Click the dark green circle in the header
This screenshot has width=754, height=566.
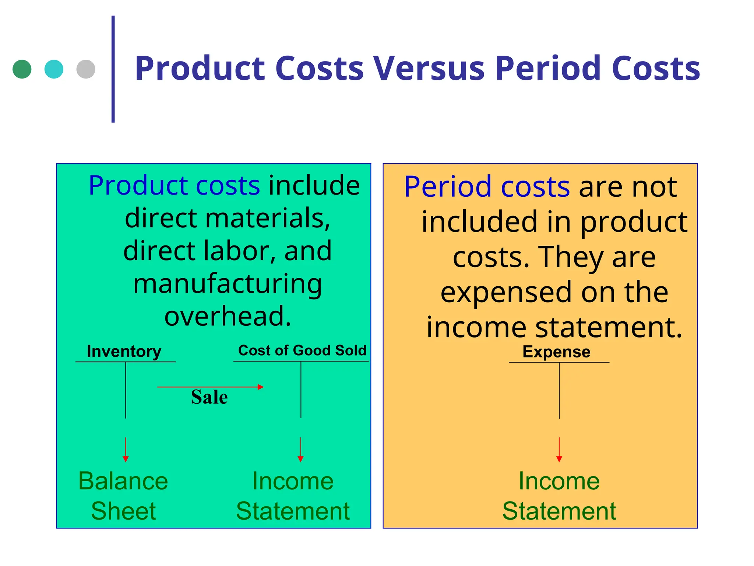click(22, 69)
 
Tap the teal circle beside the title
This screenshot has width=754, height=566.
click(54, 69)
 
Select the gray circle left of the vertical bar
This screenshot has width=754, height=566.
click(86, 69)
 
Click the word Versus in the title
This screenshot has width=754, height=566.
click(428, 69)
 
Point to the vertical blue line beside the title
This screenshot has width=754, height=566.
click(113, 69)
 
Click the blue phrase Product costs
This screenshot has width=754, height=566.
click(174, 185)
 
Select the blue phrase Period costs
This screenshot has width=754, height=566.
click(487, 187)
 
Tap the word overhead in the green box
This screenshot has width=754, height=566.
click(228, 316)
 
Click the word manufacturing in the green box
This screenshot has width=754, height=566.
click(228, 284)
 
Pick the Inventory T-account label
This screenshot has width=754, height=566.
click(124, 351)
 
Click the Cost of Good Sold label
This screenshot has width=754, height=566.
click(302, 350)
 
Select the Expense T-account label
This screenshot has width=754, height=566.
click(556, 352)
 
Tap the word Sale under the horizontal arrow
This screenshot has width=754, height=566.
click(209, 397)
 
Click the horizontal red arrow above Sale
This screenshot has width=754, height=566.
click(210, 387)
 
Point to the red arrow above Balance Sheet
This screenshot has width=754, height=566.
click(126, 450)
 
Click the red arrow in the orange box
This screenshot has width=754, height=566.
click(559, 450)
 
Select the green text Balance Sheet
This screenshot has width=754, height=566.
click(123, 496)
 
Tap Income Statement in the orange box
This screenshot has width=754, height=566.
click(559, 496)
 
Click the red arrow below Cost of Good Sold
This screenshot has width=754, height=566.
click(300, 450)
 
